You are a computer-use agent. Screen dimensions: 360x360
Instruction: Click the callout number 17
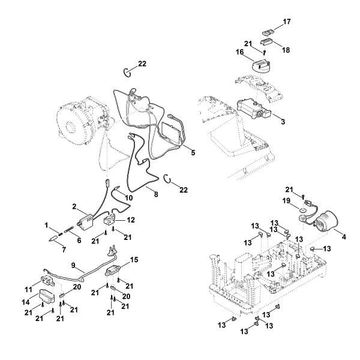[x=287, y=22]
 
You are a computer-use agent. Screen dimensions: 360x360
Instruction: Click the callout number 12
[x=131, y=220]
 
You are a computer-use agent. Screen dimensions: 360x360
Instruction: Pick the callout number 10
[x=128, y=197]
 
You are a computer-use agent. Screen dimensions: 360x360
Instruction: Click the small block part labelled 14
[x=47, y=297]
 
